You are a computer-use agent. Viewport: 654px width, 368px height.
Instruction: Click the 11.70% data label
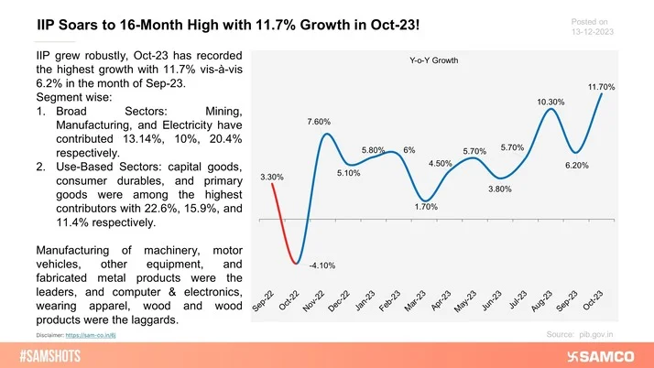click(x=601, y=87)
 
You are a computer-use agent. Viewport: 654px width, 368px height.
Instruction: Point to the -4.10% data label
click(x=322, y=265)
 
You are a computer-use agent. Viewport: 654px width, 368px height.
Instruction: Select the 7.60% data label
click(x=318, y=121)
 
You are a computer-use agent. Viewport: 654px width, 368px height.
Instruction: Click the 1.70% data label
click(x=426, y=207)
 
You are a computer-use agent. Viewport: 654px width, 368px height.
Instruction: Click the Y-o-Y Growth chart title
click(x=433, y=60)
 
